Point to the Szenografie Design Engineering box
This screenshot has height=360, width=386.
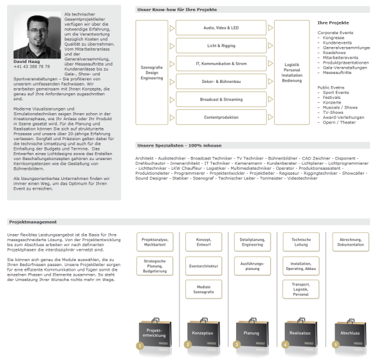coord(152,72)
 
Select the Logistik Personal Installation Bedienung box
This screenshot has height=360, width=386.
coord(292,72)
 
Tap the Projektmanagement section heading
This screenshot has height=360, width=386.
coord(28,222)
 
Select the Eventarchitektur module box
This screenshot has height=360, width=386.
coord(203,265)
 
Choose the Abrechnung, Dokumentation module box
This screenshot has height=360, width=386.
coord(350,242)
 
